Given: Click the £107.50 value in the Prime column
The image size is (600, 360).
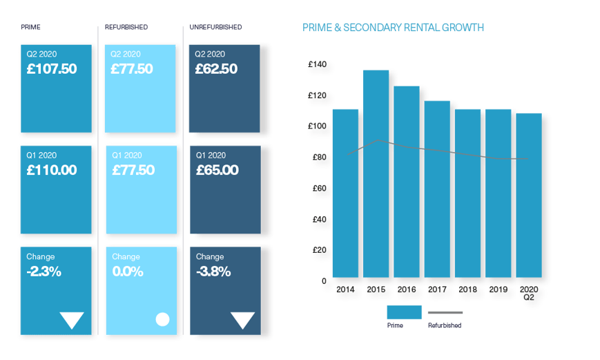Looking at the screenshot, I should (x=52, y=69).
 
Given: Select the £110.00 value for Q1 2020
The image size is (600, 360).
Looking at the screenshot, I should (x=52, y=170).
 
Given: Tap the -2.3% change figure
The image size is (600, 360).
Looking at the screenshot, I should (x=43, y=272).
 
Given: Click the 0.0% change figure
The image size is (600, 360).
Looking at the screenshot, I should (x=128, y=272).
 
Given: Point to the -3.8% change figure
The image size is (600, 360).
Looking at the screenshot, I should (x=213, y=272).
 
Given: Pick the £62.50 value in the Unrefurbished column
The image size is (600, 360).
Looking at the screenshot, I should (x=217, y=69).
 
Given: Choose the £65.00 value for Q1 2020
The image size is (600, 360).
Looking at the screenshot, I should (x=217, y=170).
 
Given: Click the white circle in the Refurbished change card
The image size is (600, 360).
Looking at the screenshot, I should (x=162, y=319).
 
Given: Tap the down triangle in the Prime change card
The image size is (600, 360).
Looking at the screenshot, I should (x=72, y=320).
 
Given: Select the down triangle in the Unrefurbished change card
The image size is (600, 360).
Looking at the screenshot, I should (x=242, y=320).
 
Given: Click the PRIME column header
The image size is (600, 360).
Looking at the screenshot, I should (x=30, y=27).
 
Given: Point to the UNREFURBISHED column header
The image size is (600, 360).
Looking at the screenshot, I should (x=216, y=27).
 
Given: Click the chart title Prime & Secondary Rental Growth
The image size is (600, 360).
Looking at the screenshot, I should (x=393, y=28).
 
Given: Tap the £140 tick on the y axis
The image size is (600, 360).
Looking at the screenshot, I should (x=318, y=64).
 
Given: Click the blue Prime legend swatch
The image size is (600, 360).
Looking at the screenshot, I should (x=404, y=312).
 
